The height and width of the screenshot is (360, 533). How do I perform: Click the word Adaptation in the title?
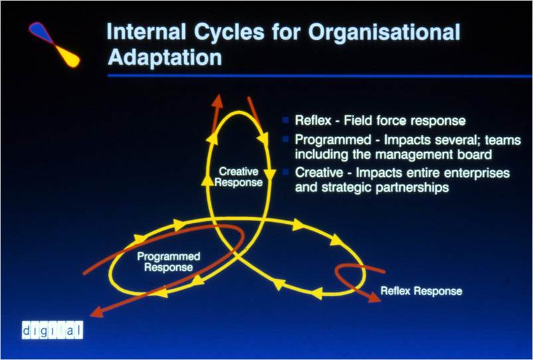coord(165,57)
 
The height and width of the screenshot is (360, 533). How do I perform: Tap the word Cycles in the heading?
coord(229,33)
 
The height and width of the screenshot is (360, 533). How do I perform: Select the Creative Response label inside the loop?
coord(239,177)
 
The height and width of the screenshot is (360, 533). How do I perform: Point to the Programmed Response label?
coord(169,262)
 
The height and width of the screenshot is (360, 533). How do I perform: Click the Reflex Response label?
coord(421,291)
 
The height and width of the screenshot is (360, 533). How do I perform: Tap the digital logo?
coord(53,329)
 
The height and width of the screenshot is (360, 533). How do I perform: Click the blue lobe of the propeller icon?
coord(41,32)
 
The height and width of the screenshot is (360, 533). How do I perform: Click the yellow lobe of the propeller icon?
coord(67,56)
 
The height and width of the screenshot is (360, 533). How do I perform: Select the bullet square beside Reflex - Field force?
coord(286,120)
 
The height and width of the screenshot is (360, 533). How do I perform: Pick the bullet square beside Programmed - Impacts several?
coord(286,139)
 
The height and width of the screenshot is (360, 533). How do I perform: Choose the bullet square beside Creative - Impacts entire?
coord(286,172)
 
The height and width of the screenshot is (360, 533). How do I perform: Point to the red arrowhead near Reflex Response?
coord(374,298)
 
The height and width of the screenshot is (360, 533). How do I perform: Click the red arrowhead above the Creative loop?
coord(217,101)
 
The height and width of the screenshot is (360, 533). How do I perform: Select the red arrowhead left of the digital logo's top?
coord(97,312)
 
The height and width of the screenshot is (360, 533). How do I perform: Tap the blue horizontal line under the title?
coord(320,76)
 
